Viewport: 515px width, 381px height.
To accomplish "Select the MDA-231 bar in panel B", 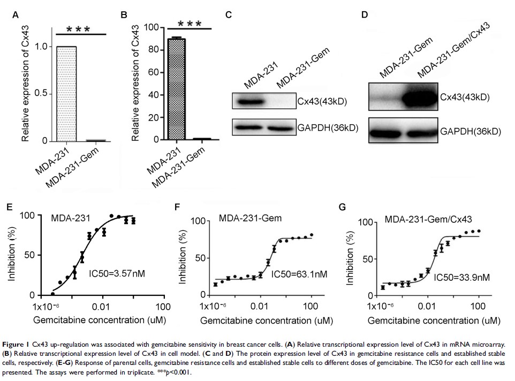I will coord(176,89).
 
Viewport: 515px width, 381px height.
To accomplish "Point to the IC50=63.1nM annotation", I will coord(299,275).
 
